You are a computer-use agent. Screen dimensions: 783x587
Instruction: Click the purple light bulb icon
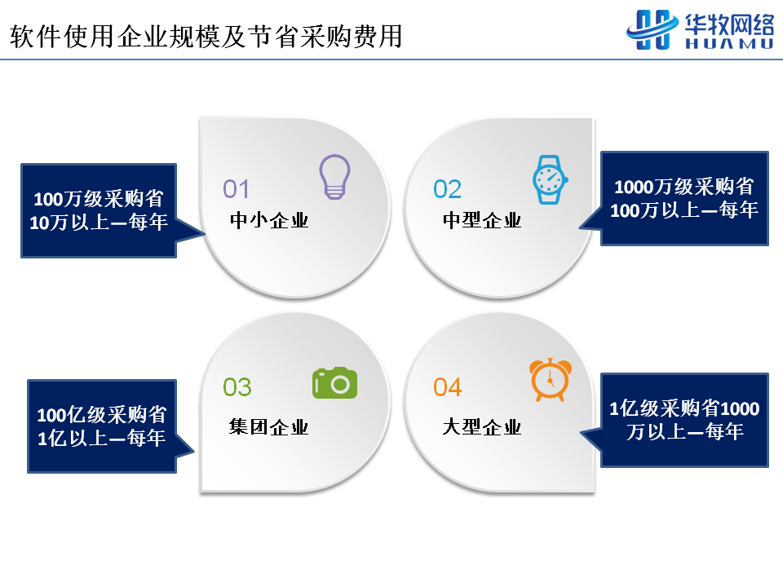[x=334, y=177]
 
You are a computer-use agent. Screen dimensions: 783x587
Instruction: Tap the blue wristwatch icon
[x=551, y=179]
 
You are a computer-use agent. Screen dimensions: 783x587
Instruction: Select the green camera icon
[x=334, y=383]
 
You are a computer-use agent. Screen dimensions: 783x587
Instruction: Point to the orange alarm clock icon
[x=551, y=379]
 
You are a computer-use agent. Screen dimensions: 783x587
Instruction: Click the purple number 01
[x=236, y=189]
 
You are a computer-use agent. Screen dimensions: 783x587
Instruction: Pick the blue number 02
[x=448, y=189]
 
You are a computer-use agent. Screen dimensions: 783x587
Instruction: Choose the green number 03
[x=237, y=386]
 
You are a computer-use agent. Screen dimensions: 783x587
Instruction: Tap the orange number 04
[x=448, y=386]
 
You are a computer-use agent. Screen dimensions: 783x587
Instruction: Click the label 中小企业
[x=269, y=220]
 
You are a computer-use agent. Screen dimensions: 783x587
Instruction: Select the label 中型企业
[x=482, y=220]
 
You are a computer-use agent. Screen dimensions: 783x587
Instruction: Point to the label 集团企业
[x=268, y=426]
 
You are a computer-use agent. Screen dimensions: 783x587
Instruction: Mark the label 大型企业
[x=482, y=426]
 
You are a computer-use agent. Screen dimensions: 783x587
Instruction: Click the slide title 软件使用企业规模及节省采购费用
[x=206, y=36]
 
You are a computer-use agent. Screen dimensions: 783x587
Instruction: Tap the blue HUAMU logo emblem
[x=652, y=30]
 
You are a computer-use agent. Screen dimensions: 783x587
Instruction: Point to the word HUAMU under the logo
[x=729, y=43]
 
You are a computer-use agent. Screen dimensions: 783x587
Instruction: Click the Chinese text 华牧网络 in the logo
[x=729, y=24]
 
